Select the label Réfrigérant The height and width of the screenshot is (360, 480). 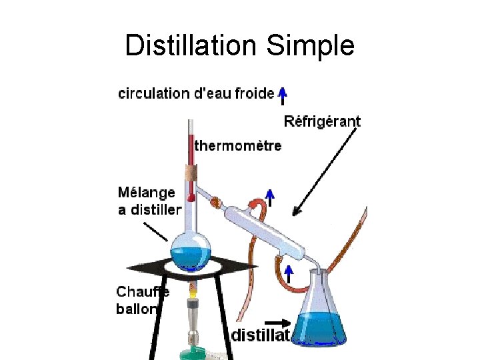pyautogui.click(x=322, y=121)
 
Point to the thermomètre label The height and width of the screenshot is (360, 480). pyautogui.click(x=238, y=145)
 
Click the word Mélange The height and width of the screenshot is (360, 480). pyautogui.click(x=147, y=193)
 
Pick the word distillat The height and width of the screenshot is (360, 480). pyautogui.click(x=260, y=335)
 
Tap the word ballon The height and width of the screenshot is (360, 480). pyautogui.click(x=137, y=309)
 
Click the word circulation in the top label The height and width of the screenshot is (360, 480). pyautogui.click(x=154, y=93)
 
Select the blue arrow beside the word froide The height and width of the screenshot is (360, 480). pyautogui.click(x=283, y=95)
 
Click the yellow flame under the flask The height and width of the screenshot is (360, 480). pyautogui.click(x=193, y=291)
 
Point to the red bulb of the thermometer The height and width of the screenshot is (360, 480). pyautogui.click(x=191, y=198)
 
